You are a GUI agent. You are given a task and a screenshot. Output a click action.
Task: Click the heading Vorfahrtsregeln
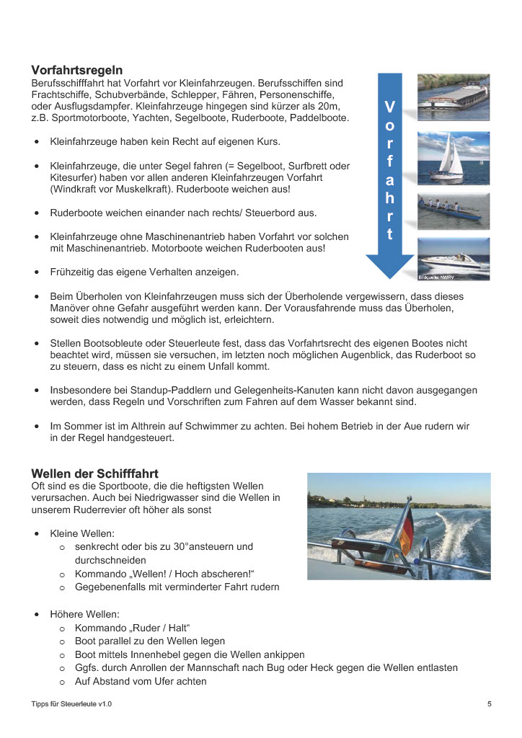pos(76,70)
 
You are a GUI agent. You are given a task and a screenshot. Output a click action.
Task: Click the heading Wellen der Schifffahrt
pos(94,474)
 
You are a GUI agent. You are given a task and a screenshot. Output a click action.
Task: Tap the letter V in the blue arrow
pos(389,107)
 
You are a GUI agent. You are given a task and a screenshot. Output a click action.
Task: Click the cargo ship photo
pos(454,96)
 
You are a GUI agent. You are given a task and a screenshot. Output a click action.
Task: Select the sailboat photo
pos(454,157)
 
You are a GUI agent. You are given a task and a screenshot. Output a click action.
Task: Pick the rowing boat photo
pos(454,210)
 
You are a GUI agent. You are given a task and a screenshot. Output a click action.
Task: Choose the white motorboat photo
pos(454,258)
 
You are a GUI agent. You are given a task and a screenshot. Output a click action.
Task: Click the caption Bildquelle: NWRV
pos(436,277)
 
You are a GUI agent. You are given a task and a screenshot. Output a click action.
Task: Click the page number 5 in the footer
pos(489,703)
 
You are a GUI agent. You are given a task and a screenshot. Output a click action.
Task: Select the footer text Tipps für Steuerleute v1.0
pos(71,703)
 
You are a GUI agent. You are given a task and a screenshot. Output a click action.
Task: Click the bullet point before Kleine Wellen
pos(36,534)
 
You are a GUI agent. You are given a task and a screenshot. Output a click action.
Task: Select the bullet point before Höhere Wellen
pos(36,614)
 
